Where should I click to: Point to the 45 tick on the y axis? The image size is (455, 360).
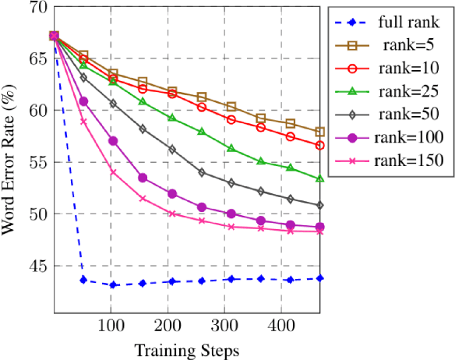click(36, 266)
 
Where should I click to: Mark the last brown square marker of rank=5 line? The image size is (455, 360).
click(364, 132)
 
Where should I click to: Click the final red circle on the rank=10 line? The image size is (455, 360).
click(364, 146)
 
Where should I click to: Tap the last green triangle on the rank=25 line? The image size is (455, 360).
click(364, 178)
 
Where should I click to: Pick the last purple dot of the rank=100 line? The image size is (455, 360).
click(364, 228)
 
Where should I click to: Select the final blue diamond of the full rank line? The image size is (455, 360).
click(364, 278)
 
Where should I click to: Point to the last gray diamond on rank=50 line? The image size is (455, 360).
click(364, 206)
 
